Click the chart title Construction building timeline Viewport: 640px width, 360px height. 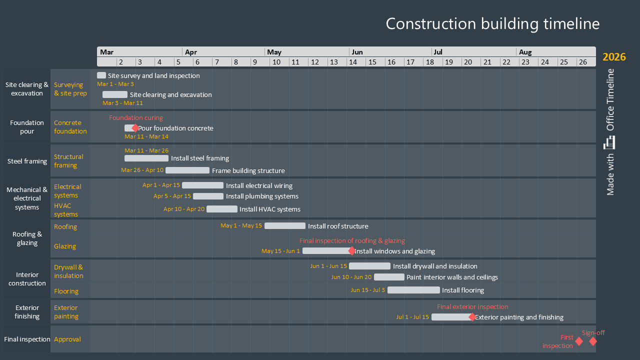(x=492, y=24)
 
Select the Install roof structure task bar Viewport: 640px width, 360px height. (x=284, y=226)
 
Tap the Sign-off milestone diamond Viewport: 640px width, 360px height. (x=592, y=341)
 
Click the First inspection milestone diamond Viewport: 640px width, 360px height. (x=579, y=341)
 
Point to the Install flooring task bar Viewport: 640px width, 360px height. (x=413, y=290)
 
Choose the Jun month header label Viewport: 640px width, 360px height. (x=357, y=52)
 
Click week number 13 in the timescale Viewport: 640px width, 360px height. (x=333, y=62)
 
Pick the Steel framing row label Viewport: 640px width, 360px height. (x=27, y=161)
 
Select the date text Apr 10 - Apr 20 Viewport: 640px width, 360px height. (x=184, y=209)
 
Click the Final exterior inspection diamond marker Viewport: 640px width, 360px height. (x=472, y=317)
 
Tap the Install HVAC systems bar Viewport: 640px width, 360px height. (x=222, y=209)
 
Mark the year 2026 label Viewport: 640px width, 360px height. (x=614, y=57)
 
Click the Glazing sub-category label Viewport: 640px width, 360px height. (x=65, y=246)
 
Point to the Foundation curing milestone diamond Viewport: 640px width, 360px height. (x=135, y=128)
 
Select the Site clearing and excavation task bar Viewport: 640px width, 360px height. (x=115, y=94)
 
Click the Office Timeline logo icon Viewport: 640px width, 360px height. (x=609, y=142)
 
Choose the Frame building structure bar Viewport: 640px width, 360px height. (x=187, y=170)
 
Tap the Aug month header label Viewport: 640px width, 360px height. (x=525, y=52)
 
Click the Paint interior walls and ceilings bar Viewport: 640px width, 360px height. (x=389, y=277)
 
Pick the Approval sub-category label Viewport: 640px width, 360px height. (x=67, y=339)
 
